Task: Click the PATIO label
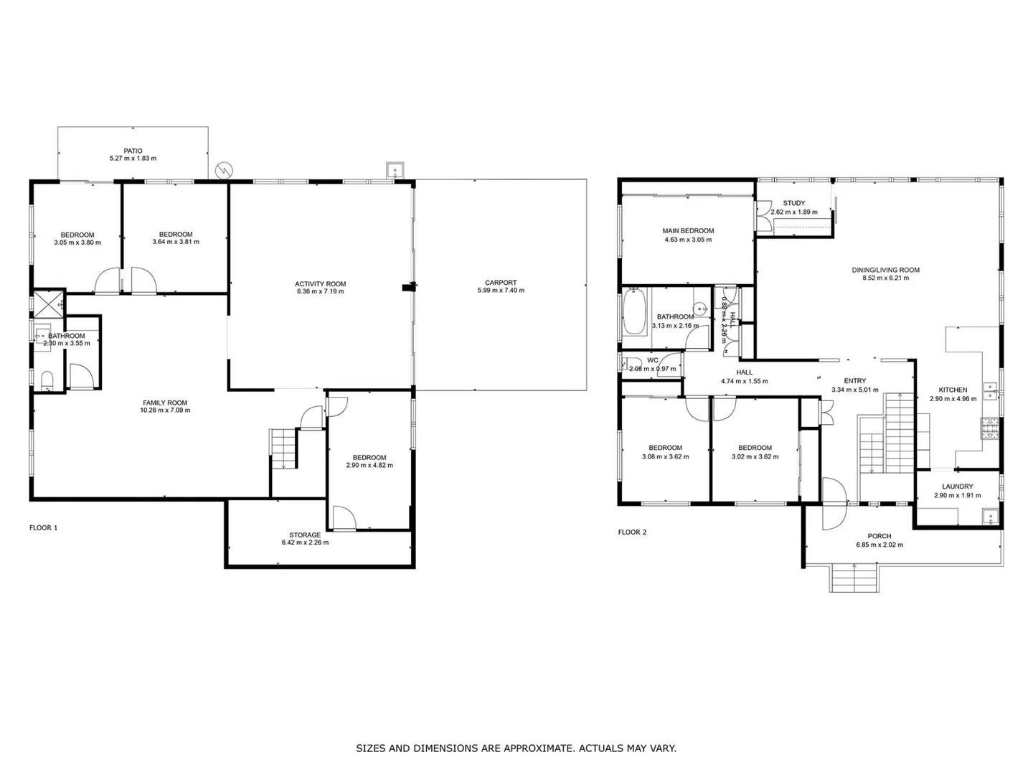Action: (x=133, y=151)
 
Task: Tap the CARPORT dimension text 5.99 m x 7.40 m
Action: (x=501, y=291)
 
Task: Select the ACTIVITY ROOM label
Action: (x=321, y=283)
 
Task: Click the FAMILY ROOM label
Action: (x=166, y=403)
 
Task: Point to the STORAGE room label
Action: (x=305, y=535)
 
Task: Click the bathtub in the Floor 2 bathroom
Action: (x=634, y=311)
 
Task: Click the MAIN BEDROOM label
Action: (x=688, y=231)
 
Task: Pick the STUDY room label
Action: (x=793, y=203)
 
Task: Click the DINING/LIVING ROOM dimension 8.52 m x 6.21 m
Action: (x=885, y=278)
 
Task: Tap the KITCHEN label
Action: (x=953, y=390)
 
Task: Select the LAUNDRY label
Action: (x=958, y=487)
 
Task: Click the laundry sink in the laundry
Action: (x=990, y=516)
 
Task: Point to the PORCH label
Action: (x=879, y=536)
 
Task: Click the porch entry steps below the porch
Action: (x=855, y=577)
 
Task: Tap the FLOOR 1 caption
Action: (x=43, y=527)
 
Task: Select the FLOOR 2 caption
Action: (x=632, y=532)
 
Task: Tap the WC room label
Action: (x=652, y=360)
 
